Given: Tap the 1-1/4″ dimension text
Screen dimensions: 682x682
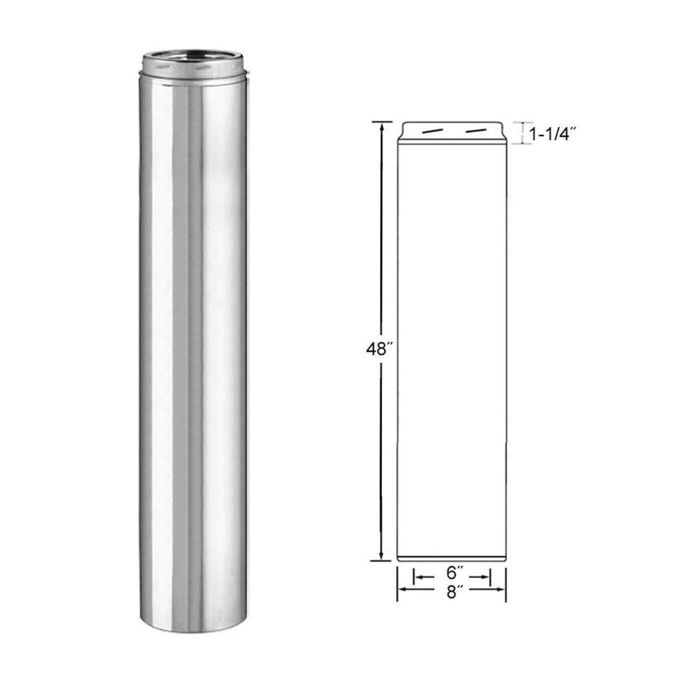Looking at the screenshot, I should [x=554, y=135].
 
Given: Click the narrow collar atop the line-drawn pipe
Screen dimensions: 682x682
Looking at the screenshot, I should [x=452, y=132].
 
